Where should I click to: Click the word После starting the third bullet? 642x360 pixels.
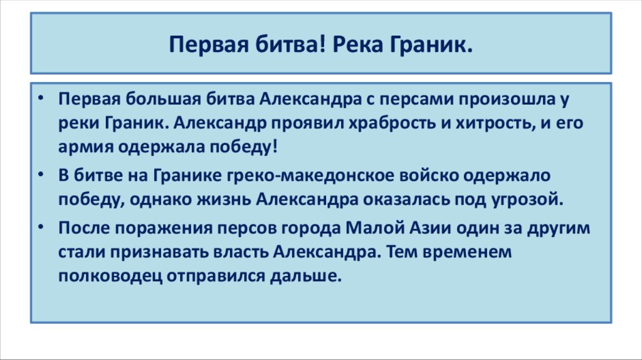tap(82, 228)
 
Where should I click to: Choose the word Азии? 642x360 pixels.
tap(448, 228)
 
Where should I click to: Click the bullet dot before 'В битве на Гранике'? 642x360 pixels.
tap(40, 175)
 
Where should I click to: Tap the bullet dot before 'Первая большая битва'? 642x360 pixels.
tap(40, 99)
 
